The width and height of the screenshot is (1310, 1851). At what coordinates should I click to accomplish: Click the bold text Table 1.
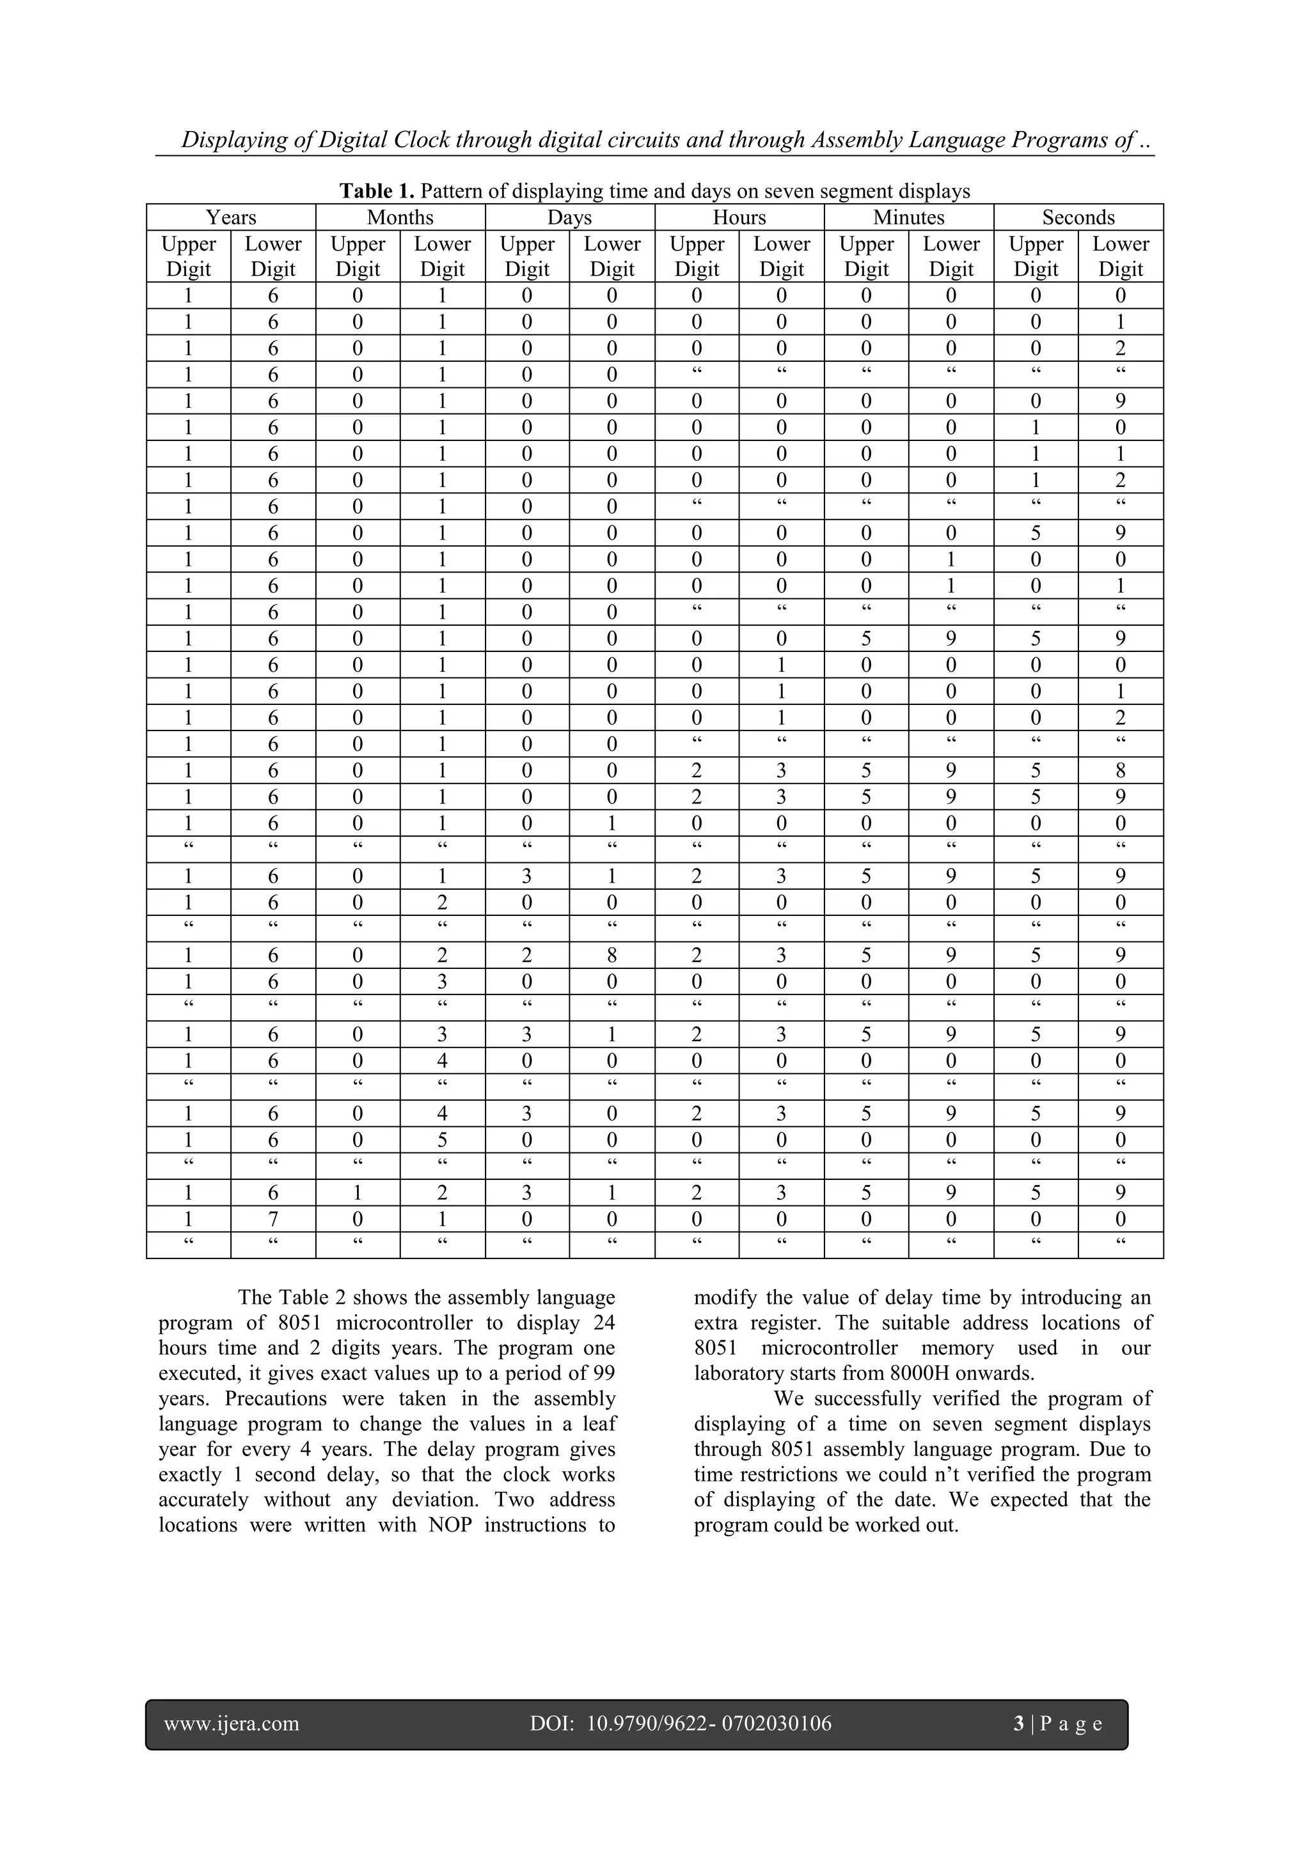click(x=377, y=191)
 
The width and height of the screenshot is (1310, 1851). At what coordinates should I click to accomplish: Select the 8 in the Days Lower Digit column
click(x=612, y=956)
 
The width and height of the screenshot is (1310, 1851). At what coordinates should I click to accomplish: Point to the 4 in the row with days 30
click(x=442, y=1113)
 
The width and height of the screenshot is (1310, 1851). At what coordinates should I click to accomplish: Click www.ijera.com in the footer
click(x=232, y=1724)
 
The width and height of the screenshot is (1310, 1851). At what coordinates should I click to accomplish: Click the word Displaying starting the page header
click(x=234, y=139)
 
